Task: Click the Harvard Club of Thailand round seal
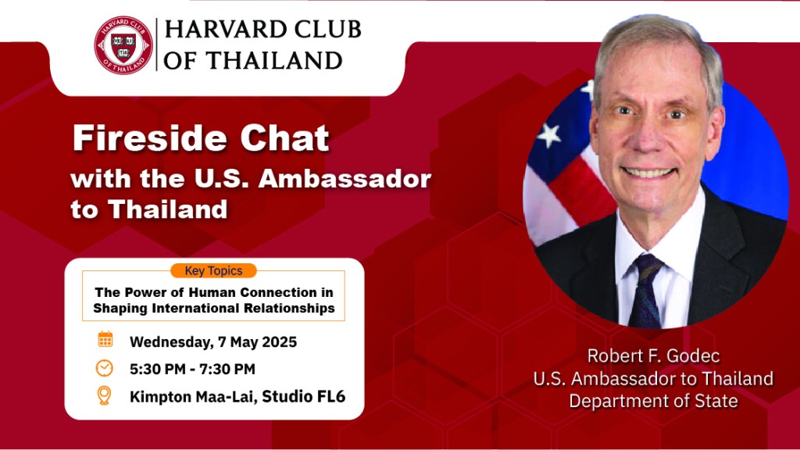123,45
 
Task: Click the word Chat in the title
284,138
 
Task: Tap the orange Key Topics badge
213,270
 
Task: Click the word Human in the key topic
212,292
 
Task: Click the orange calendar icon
105,339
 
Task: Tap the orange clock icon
105,368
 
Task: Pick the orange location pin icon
104,395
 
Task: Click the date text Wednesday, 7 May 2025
213,342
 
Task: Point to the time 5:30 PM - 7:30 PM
192,369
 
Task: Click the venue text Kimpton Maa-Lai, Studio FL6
237,396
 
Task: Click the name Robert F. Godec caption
654,355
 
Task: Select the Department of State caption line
654,401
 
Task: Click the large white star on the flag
549,134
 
